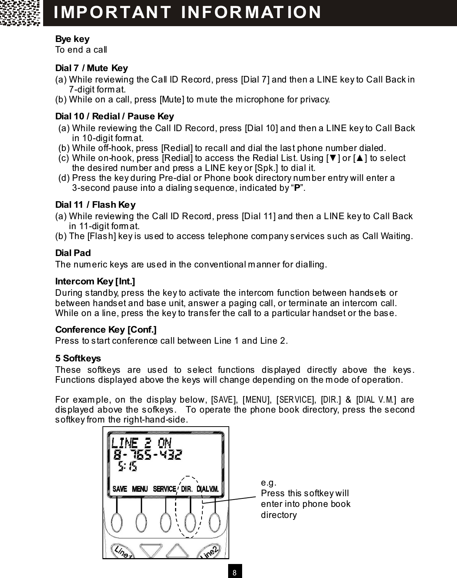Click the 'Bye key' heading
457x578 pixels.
pyautogui.click(x=72, y=39)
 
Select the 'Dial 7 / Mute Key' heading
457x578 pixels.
pyautogui.click(x=91, y=68)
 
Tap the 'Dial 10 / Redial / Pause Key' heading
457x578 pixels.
pyautogui.click(x=114, y=116)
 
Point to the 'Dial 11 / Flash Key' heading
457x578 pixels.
pyautogui.click(x=95, y=204)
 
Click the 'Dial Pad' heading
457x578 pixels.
pyautogui.click(x=73, y=253)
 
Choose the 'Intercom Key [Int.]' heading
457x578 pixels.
pyautogui.click(x=95, y=282)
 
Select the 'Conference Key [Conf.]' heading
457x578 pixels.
pyautogui.click(x=106, y=329)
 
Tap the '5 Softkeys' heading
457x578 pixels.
pyautogui.click(x=78, y=358)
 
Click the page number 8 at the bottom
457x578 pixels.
pyautogui.click(x=235, y=572)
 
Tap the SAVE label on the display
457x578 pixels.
pyautogui.click(x=119, y=489)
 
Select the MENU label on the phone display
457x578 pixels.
pyautogui.click(x=140, y=489)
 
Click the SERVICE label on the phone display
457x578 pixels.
pyautogui.click(x=164, y=489)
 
